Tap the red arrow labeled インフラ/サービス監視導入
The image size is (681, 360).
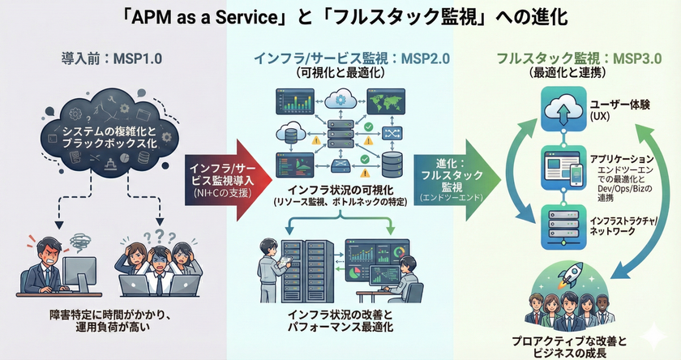click(216, 178)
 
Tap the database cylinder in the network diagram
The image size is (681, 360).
click(392, 165)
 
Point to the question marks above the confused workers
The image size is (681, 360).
click(154, 234)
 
